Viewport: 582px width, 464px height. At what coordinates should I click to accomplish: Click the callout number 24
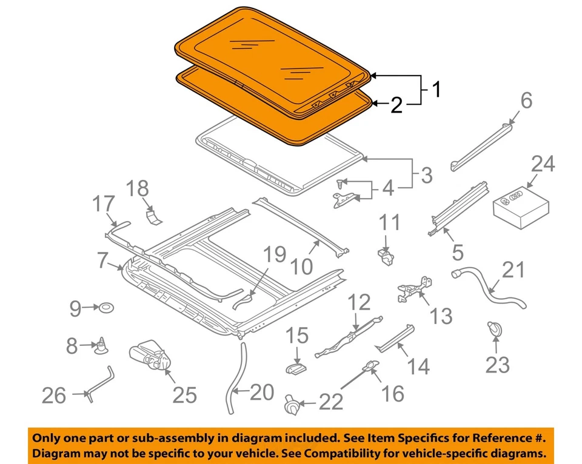tap(543, 164)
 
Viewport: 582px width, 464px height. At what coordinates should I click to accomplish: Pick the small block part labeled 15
tap(295, 367)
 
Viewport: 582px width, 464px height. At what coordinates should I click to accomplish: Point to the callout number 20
tap(262, 393)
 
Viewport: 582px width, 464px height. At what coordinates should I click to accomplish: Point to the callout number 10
tap(301, 265)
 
